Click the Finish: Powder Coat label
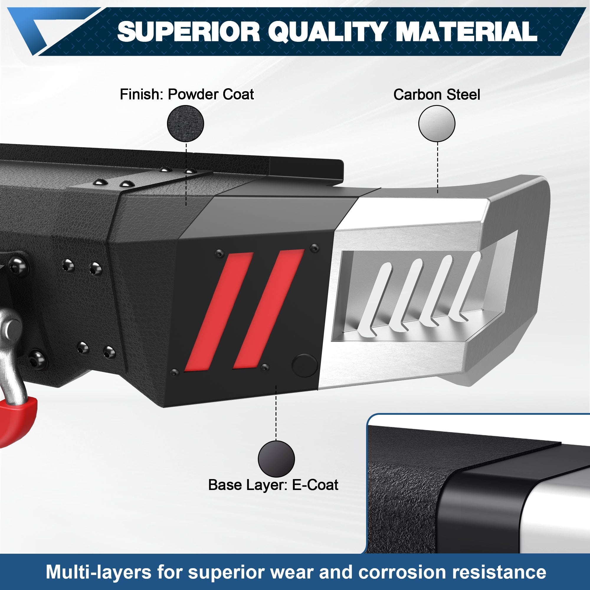187,94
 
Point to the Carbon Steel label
436,95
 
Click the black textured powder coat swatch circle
185,124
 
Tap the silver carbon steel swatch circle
436,124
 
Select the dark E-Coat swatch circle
276,459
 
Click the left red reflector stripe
219,312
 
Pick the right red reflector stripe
268,309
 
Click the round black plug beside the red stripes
304,365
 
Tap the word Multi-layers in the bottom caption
99,572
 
